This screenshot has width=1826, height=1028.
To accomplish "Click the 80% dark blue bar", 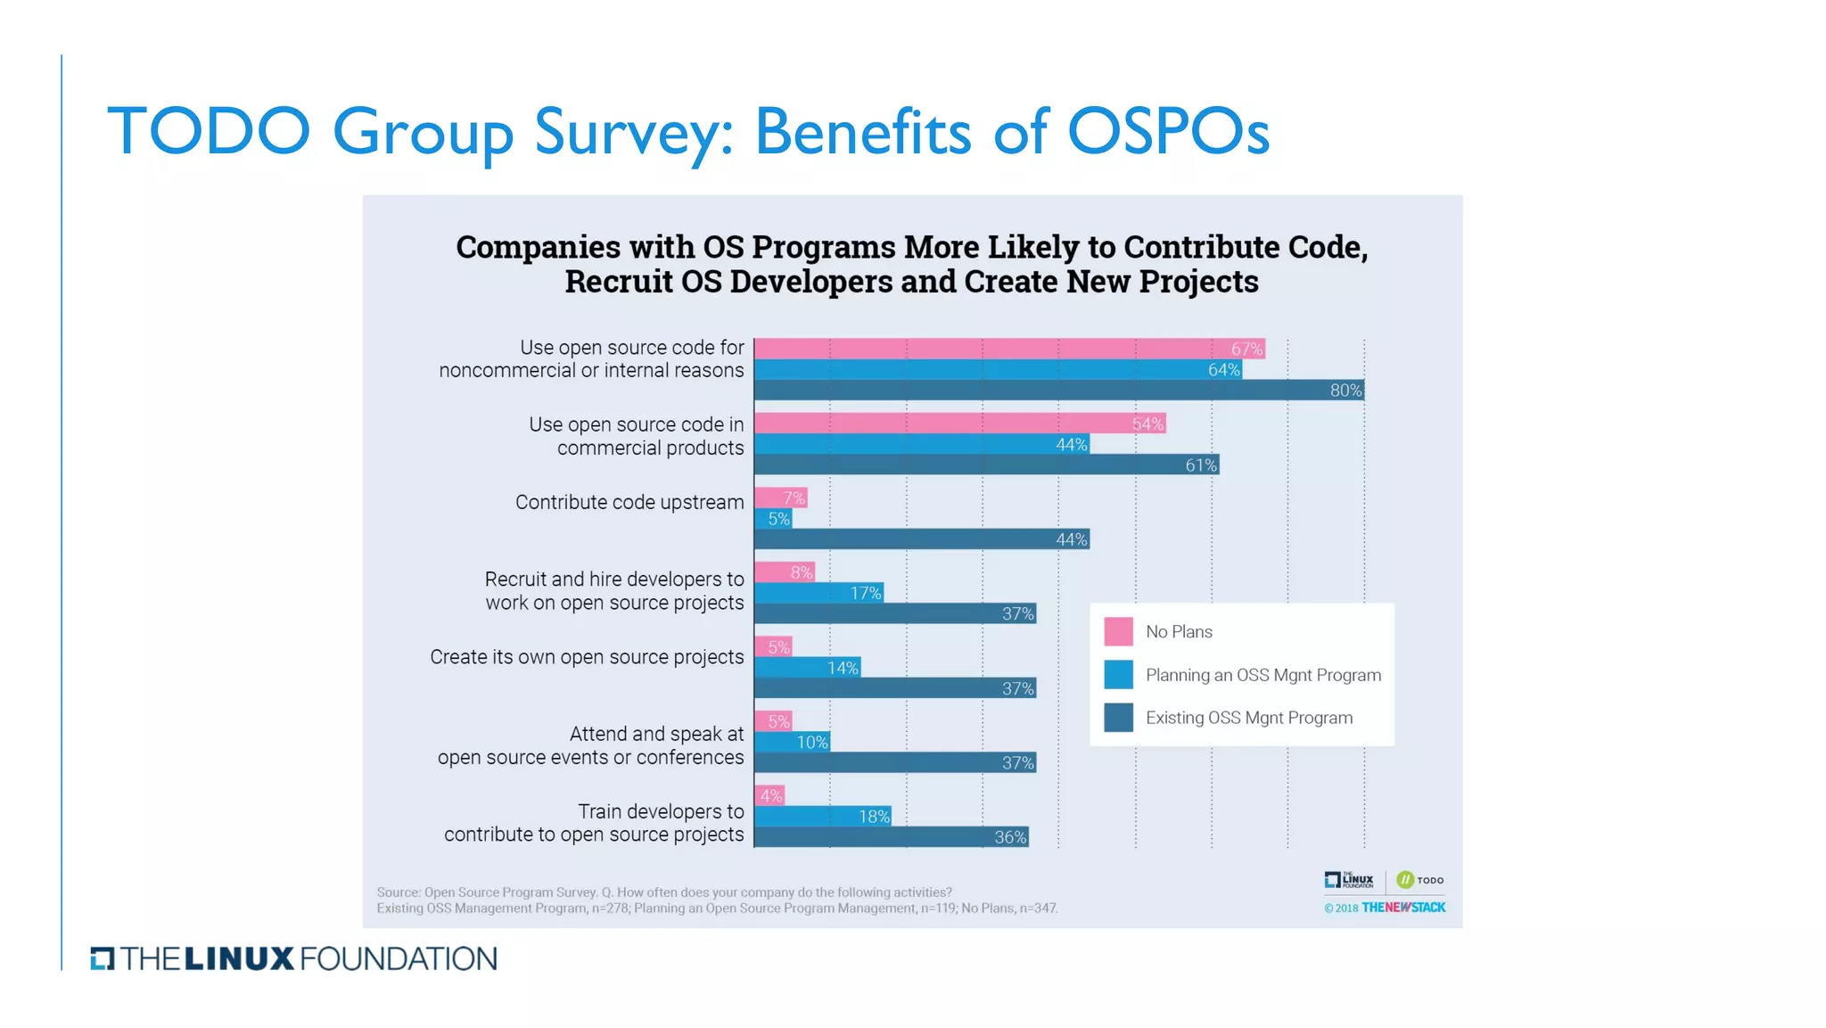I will click(1059, 391).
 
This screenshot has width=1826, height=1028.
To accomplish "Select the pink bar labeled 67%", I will click(1009, 349).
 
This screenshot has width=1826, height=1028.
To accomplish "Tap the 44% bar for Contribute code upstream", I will click(922, 539).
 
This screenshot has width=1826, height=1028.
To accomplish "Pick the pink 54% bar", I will click(960, 424).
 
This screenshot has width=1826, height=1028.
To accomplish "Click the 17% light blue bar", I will click(818, 593).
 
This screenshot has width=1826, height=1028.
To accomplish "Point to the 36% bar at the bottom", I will click(892, 837).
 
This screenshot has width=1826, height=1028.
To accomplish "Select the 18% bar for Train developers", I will click(822, 816).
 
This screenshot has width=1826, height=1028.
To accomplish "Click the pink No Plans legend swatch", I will click(1118, 631).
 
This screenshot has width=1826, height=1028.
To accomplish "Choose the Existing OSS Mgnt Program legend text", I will click(1248, 718).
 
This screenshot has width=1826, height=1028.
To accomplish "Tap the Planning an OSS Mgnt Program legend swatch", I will click(1118, 675).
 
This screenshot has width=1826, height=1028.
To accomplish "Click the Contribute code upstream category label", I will click(629, 502).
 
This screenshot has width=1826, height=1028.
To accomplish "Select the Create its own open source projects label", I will click(587, 657).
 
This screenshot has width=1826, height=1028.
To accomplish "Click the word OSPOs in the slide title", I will click(1168, 132).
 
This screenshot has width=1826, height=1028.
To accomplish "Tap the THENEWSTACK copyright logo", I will click(1402, 908).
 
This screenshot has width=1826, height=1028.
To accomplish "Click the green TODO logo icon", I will click(1405, 880).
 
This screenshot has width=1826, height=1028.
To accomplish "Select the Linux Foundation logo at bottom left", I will click(294, 958).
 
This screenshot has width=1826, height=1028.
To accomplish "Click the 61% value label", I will click(1200, 465).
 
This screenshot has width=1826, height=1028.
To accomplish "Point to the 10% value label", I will click(811, 742).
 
